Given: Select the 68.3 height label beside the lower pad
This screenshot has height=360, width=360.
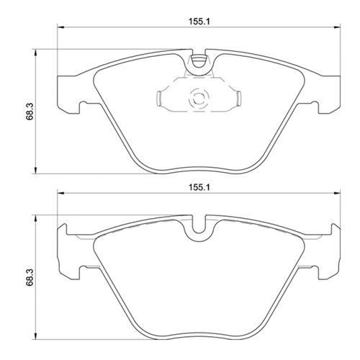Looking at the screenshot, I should point(28,277).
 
